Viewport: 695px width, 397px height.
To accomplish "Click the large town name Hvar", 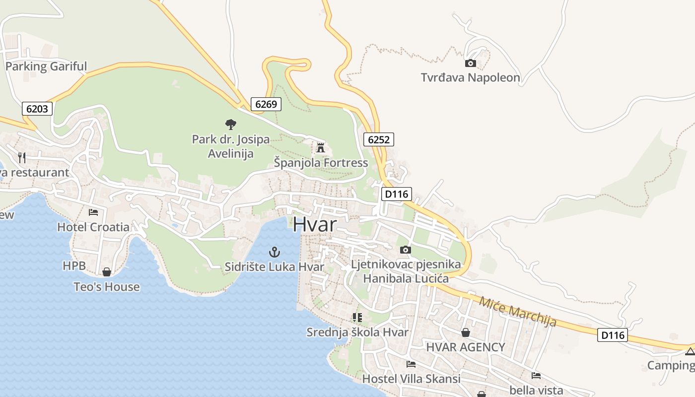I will coord(314,224).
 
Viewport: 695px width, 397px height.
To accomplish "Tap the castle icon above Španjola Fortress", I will coord(321,147).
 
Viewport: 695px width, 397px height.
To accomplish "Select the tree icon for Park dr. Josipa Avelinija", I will coord(230,124).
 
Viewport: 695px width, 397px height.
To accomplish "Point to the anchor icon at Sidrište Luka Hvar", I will coord(275,252).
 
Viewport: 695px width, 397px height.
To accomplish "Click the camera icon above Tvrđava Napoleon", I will coord(470,63).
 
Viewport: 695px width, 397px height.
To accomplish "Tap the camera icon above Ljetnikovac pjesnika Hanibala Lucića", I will coord(406,250).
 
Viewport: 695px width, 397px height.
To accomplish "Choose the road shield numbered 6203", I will coord(37,108).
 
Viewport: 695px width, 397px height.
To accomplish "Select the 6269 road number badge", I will coord(266,104).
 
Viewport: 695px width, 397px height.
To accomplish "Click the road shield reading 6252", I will coord(378,139).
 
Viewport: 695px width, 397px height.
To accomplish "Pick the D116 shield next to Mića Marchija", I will coord(613,335).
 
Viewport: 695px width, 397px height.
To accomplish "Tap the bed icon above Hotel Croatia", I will coord(93,212).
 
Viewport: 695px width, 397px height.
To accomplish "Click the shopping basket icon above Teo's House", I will coord(106,272).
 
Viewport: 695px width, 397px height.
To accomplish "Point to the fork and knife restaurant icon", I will coord(22,158).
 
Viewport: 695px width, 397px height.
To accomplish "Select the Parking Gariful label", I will coord(46,66).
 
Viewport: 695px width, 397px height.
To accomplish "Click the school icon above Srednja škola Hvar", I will coord(357,317).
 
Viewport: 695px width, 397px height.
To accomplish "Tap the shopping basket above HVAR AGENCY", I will coord(466,332).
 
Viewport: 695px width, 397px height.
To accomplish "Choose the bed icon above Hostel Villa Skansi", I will coord(411,364).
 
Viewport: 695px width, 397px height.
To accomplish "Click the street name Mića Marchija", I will coord(518,311).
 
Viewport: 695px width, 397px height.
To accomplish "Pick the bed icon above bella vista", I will coord(536,376).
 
